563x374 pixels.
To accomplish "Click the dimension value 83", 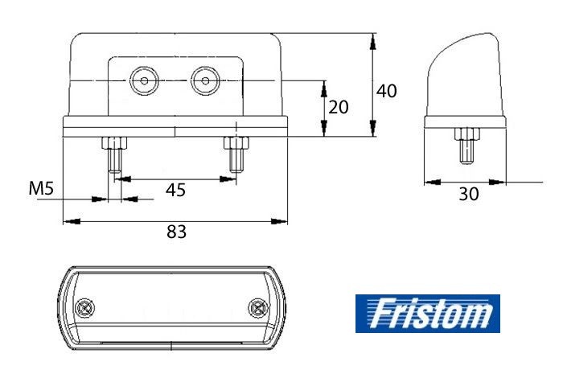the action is [x=176, y=232].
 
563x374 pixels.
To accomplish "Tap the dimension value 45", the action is [x=175, y=190].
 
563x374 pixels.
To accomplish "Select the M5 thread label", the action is [x=41, y=188].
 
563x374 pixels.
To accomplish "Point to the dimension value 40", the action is [x=386, y=91].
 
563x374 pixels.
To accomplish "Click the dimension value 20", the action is [x=339, y=107].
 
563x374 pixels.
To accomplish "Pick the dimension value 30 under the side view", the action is [x=469, y=194].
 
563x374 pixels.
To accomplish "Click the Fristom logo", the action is [x=428, y=314].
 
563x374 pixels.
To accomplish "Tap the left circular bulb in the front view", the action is [x=144, y=80].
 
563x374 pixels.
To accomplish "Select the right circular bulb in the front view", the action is [x=205, y=80].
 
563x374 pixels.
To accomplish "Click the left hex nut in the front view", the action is [x=114, y=143].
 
